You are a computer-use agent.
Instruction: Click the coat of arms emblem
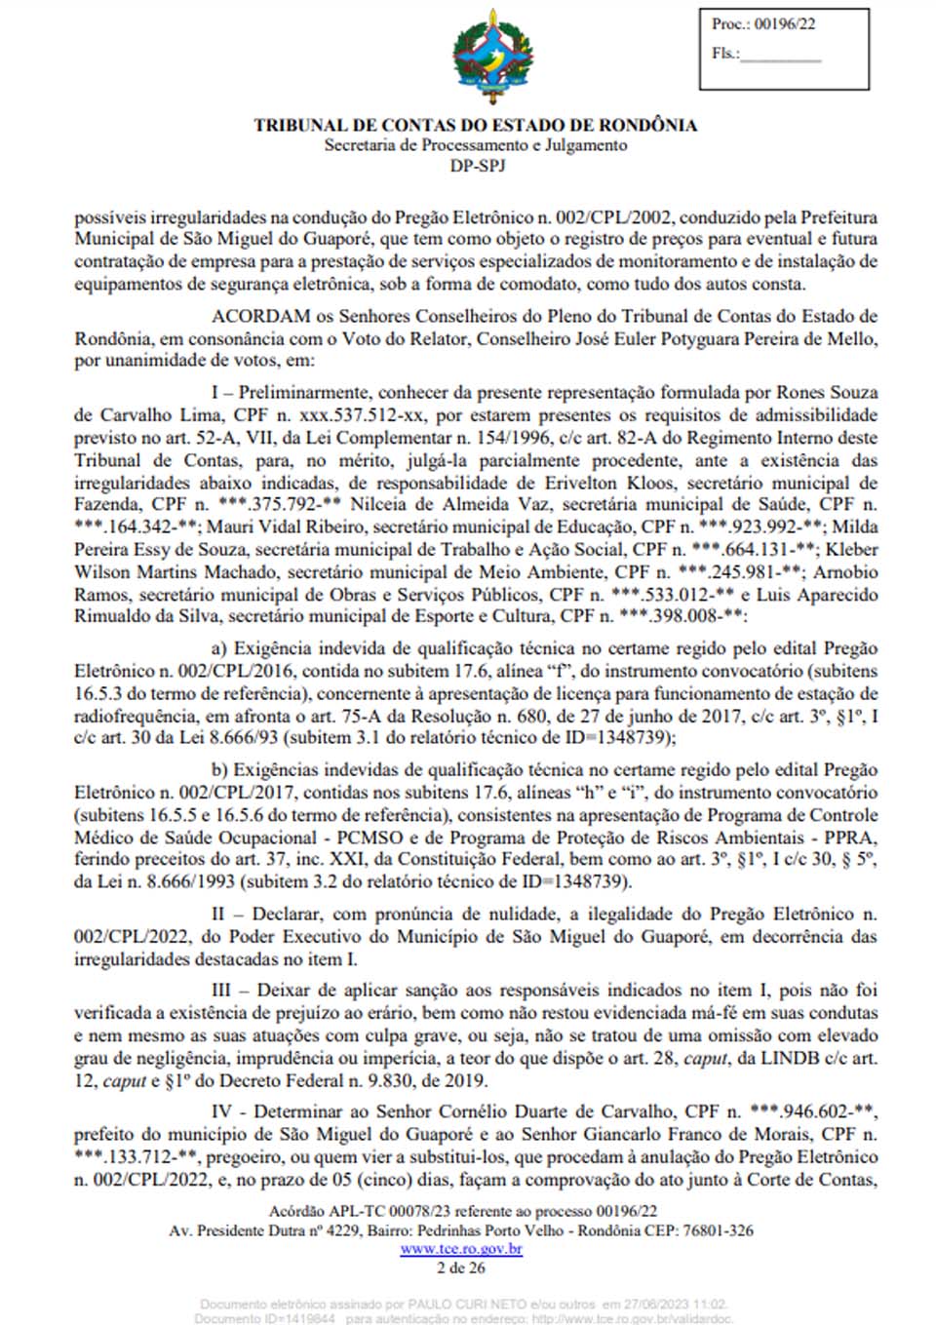click(486, 58)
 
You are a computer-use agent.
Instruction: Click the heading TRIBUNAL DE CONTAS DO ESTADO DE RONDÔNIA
click(476, 125)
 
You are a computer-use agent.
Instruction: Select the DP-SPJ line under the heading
click(478, 166)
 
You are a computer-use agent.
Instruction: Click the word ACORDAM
click(261, 316)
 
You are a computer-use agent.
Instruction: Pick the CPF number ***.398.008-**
click(682, 616)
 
